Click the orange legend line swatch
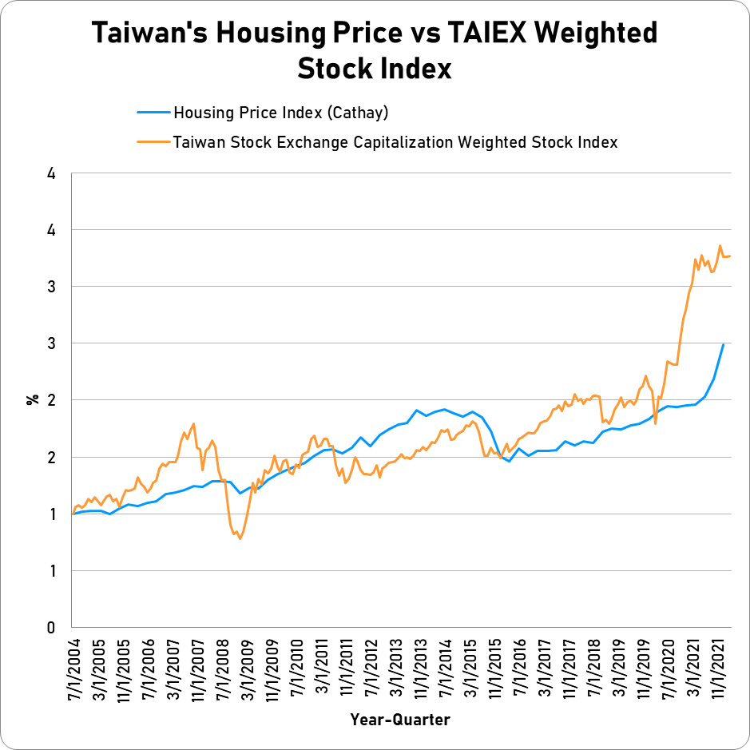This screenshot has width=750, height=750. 153,142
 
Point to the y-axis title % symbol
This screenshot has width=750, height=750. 33,399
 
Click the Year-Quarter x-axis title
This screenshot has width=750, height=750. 399,720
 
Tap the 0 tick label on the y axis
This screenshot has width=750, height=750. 50,628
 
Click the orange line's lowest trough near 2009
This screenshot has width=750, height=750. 240,539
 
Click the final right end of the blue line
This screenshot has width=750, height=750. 723,344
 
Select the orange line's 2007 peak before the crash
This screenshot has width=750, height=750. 194,423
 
